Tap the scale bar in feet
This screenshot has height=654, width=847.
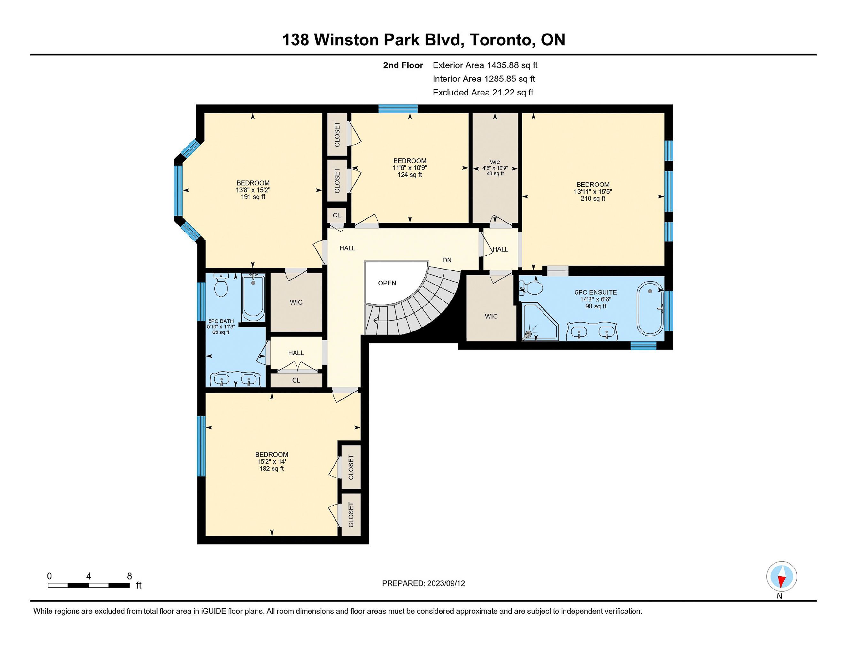click(89, 585)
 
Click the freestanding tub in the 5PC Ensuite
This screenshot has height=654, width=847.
click(650, 308)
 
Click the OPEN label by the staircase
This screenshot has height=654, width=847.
click(387, 283)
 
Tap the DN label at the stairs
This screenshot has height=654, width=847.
click(447, 260)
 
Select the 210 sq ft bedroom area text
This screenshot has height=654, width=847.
click(593, 199)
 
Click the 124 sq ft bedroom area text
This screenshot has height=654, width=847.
click(410, 175)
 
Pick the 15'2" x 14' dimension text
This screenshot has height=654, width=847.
click(272, 462)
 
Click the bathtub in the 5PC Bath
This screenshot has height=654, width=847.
click(253, 297)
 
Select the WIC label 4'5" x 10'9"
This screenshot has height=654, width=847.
click(495, 168)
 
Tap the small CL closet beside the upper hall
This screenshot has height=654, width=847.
click(337, 215)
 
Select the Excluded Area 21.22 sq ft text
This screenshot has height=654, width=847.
click(483, 93)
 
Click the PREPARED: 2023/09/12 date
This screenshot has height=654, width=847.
click(424, 583)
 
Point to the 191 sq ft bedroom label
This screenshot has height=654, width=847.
click(253, 197)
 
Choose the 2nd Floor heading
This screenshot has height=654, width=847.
click(403, 65)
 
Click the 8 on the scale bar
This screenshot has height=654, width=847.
click(129, 576)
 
